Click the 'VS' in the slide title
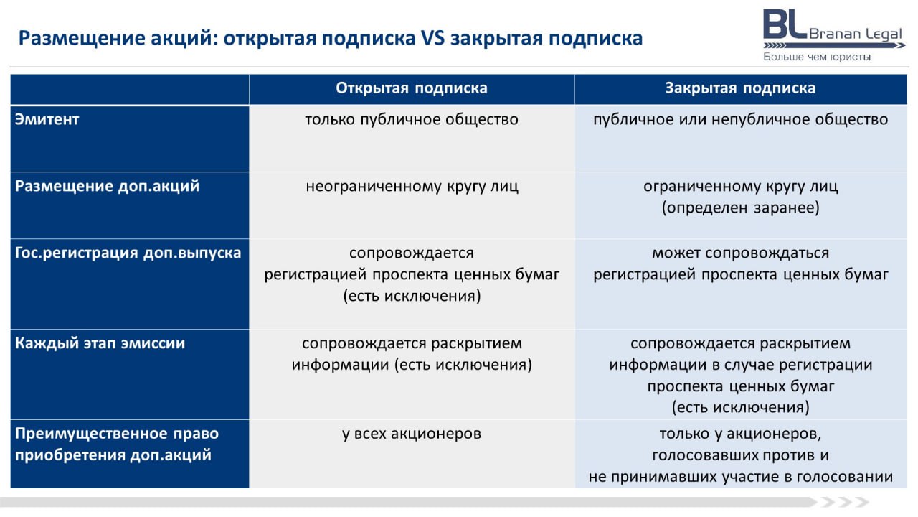(x=432, y=38)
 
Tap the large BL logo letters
(x=785, y=24)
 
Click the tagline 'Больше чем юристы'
(x=817, y=57)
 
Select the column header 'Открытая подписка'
(x=412, y=88)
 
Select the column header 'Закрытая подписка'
(x=740, y=88)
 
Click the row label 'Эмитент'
(x=47, y=119)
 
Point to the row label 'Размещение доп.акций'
(x=107, y=186)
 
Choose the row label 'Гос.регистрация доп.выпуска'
(x=128, y=253)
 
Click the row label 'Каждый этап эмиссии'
(x=100, y=343)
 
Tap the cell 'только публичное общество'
(x=412, y=119)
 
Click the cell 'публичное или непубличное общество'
(x=741, y=119)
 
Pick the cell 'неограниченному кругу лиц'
(x=412, y=187)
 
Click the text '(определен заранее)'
(x=741, y=208)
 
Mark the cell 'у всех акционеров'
(x=412, y=434)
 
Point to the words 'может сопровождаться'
(x=741, y=253)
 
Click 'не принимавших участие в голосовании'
(x=741, y=477)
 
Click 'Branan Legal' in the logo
(x=856, y=34)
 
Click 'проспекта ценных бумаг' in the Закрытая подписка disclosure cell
(x=741, y=386)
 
